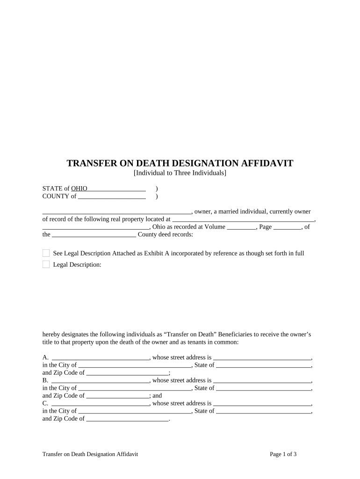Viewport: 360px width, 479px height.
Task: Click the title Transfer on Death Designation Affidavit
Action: (x=180, y=163)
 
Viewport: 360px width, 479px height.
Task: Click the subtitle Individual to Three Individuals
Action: (x=180, y=173)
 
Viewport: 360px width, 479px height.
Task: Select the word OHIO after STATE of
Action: (x=79, y=189)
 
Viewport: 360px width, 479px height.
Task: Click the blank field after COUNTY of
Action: (x=112, y=196)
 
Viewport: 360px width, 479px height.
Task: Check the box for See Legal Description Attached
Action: (x=46, y=253)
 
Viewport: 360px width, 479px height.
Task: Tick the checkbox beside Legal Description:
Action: (x=46, y=264)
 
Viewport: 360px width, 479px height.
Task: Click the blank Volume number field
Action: (x=241, y=227)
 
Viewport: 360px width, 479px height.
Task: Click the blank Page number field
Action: (x=287, y=227)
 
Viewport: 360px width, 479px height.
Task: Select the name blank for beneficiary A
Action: (x=100, y=357)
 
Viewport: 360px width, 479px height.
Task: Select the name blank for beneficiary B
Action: (x=100, y=380)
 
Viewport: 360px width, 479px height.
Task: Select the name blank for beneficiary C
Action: (x=100, y=403)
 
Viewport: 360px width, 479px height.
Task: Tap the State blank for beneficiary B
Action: (x=264, y=388)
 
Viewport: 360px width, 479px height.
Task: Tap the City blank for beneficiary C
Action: (x=135, y=411)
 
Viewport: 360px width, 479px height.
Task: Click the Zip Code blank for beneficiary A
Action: (x=127, y=373)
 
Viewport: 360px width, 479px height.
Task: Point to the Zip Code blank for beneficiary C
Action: (x=127, y=419)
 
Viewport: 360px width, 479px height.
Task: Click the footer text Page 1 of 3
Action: (x=283, y=454)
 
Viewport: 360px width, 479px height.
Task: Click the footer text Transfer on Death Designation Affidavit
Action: (x=90, y=454)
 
